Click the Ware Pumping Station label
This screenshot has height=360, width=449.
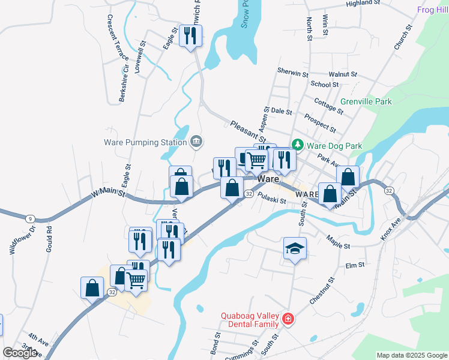pos(145,142)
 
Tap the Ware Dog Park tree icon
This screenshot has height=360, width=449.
pos(297,145)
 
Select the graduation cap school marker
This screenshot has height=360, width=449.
pos(295,248)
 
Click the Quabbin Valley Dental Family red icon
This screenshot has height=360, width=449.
pos(289,318)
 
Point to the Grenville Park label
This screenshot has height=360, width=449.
pos(366,101)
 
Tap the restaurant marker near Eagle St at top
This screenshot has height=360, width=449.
pos(191,36)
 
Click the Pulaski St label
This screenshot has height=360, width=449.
pos(272,197)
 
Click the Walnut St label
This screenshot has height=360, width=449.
pos(343,74)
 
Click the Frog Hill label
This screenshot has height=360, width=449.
pos(432,10)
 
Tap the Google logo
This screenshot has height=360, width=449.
pos(20,352)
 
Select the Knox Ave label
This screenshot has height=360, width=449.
pos(391,230)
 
